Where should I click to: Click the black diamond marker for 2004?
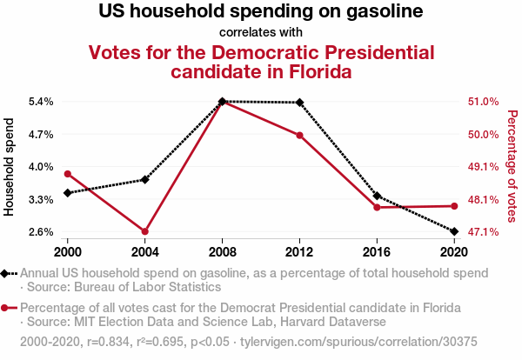145,179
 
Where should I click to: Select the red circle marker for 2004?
145,231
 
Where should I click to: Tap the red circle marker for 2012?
299,136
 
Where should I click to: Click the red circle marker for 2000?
68,174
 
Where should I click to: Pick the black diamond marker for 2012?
299,103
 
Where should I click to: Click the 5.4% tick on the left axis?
41,102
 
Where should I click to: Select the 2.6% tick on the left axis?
41,232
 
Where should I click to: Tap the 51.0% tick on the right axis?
483,102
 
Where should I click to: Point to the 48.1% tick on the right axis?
483,199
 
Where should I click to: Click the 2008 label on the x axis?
223,252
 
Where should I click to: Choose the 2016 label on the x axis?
377,252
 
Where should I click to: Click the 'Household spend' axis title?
10,166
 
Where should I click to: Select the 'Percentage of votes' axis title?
512,166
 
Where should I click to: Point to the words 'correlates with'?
261,33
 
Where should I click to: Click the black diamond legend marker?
7,273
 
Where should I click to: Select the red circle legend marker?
7,309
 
